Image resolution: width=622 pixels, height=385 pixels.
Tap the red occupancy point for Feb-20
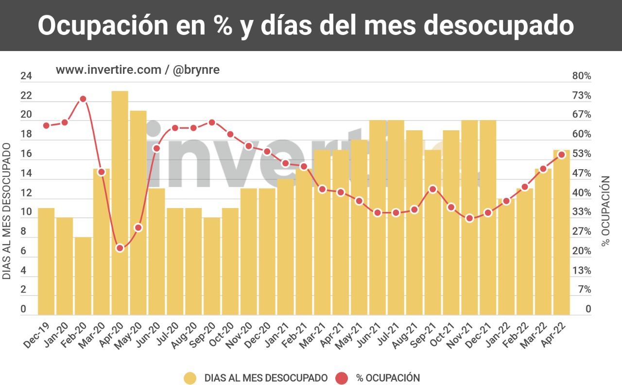pyautogui.click(x=83, y=99)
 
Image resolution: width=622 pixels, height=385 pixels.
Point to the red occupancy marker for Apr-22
pyautogui.click(x=561, y=155)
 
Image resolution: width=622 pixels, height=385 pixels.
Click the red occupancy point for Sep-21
pyautogui.click(x=432, y=189)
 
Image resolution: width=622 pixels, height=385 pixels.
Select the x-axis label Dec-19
pyautogui.click(x=37, y=336)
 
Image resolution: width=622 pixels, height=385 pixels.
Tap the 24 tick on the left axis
pyautogui.click(x=26, y=76)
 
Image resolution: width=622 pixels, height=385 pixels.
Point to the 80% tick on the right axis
pyautogui.click(x=581, y=76)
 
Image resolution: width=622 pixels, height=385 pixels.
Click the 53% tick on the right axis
pyautogui.click(x=581, y=154)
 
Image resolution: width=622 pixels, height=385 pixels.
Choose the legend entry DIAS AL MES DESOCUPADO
pyautogui.click(x=266, y=378)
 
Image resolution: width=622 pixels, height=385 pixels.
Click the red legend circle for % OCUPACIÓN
pyautogui.click(x=342, y=378)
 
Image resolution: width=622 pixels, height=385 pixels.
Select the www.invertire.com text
pyautogui.click(x=108, y=70)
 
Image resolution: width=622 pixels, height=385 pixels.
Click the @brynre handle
pyautogui.click(x=196, y=70)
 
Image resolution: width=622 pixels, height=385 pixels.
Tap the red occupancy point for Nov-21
pyautogui.click(x=469, y=218)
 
